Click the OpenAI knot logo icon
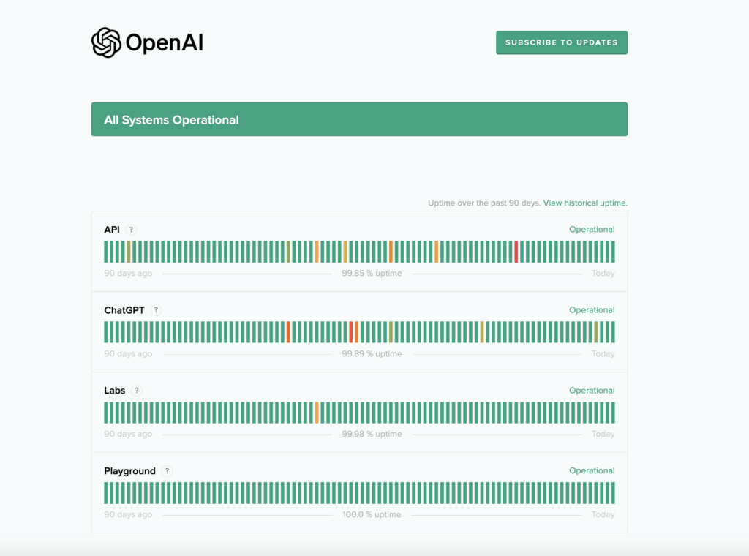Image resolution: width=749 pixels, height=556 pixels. (106, 42)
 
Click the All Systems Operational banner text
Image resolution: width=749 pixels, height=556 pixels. (171, 120)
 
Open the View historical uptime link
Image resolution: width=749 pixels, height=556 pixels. (585, 203)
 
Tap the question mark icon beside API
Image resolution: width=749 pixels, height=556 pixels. (131, 230)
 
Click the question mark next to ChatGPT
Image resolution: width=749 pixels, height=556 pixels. (156, 310)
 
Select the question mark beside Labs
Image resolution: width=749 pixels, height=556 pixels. (137, 391)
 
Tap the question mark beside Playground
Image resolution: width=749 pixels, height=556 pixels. (168, 471)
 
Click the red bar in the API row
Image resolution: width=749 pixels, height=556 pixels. (516, 252)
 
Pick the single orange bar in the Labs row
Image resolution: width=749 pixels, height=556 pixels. (317, 413)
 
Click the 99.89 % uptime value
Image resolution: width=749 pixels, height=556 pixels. (372, 354)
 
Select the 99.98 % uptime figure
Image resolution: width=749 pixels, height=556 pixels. (372, 434)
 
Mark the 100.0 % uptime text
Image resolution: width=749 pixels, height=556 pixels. (372, 514)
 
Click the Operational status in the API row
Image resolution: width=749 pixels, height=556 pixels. (592, 230)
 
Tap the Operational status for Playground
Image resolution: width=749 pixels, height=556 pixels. (592, 471)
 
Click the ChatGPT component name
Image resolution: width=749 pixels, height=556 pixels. (124, 310)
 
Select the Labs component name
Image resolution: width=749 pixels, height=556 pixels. (115, 391)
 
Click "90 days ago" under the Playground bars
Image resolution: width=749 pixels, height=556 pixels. (128, 514)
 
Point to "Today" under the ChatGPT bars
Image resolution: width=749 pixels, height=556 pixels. (603, 354)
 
